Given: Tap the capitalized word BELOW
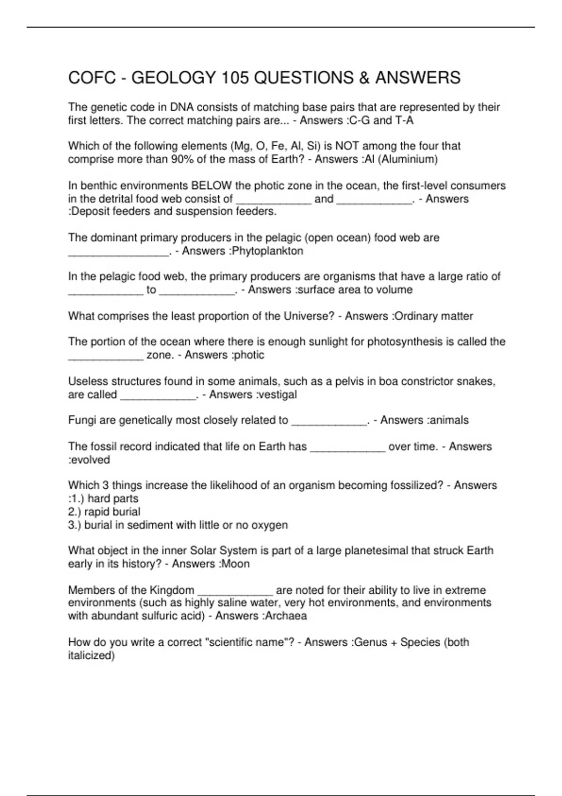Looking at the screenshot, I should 212,185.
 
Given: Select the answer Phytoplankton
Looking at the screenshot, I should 268,251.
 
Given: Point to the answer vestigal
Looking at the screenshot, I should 278,394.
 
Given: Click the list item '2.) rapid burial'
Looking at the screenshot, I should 104,512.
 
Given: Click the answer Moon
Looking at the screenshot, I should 236,564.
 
